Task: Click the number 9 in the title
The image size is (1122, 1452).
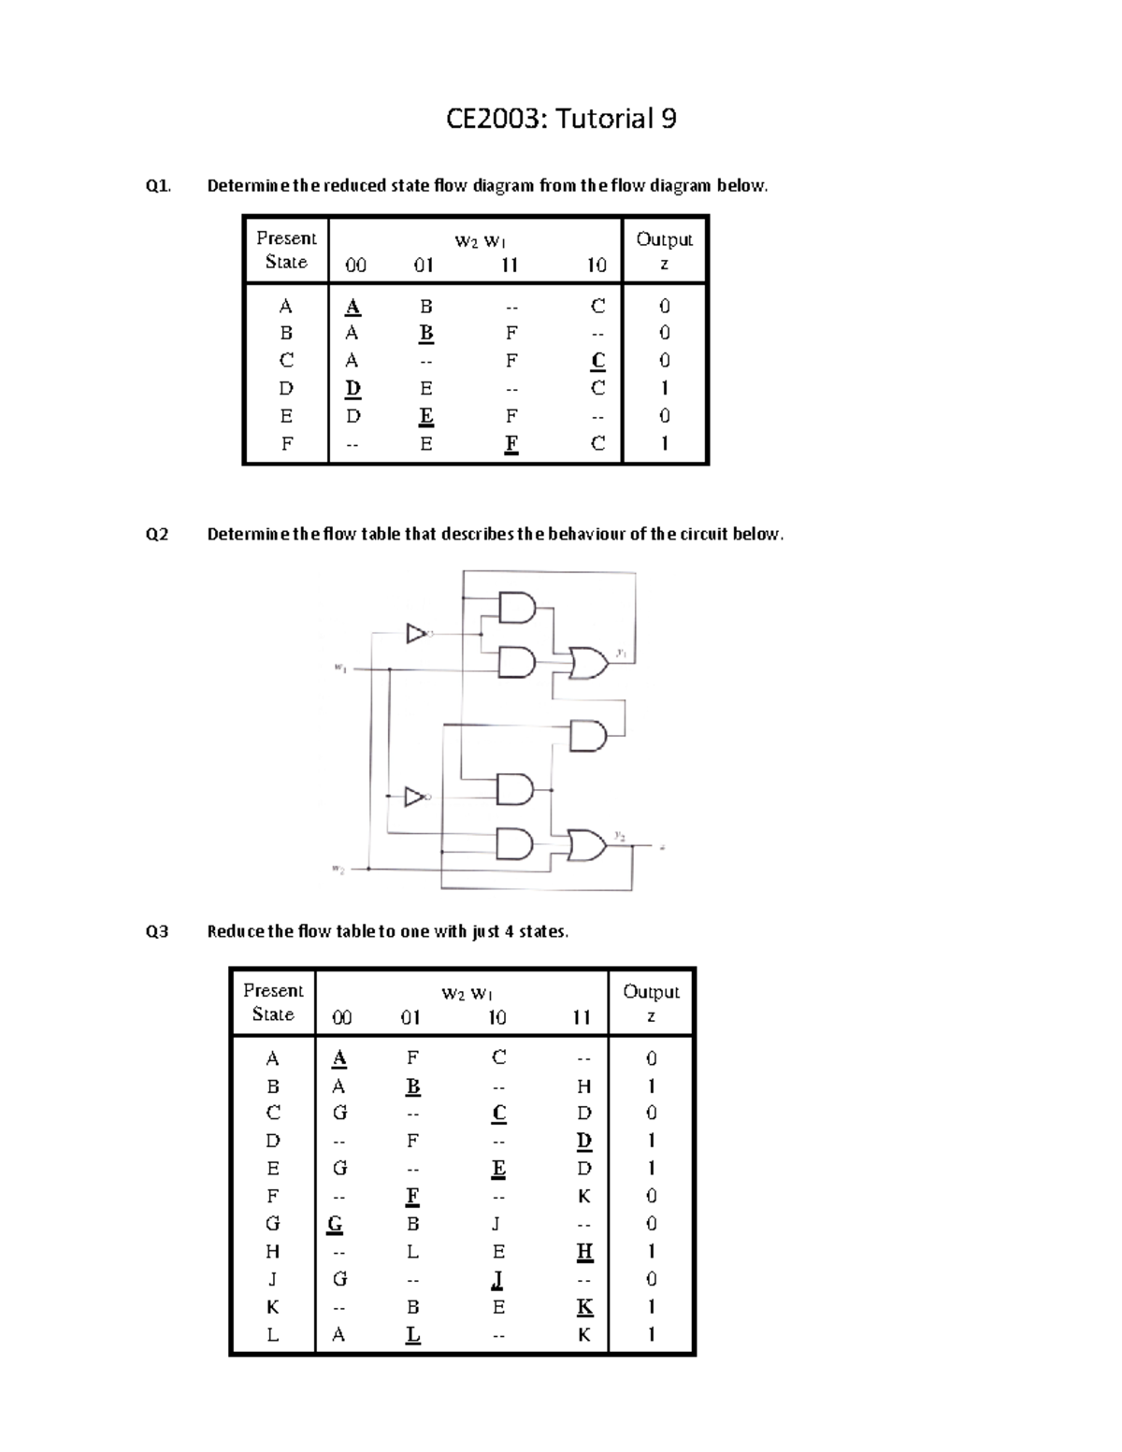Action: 667,119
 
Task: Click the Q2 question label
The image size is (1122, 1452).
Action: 157,534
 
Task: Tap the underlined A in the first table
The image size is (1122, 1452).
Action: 352,307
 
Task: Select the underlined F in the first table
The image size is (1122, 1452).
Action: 511,443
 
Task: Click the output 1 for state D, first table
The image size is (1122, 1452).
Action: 664,387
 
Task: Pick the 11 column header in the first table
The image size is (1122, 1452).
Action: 509,265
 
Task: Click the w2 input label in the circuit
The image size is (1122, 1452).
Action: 338,870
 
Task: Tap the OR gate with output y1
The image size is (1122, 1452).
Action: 588,662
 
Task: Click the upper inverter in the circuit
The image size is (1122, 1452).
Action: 416,634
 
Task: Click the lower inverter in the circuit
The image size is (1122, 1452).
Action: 415,797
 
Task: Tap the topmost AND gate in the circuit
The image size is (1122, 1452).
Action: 517,609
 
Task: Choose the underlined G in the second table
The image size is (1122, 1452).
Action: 335,1224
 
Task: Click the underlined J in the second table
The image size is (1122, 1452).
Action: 498,1278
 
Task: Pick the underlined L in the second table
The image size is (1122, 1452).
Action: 413,1334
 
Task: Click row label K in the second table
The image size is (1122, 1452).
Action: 273,1306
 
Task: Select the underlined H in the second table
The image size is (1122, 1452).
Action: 584,1251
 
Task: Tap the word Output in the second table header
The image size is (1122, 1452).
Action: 651,991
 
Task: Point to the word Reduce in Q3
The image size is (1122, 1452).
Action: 235,931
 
